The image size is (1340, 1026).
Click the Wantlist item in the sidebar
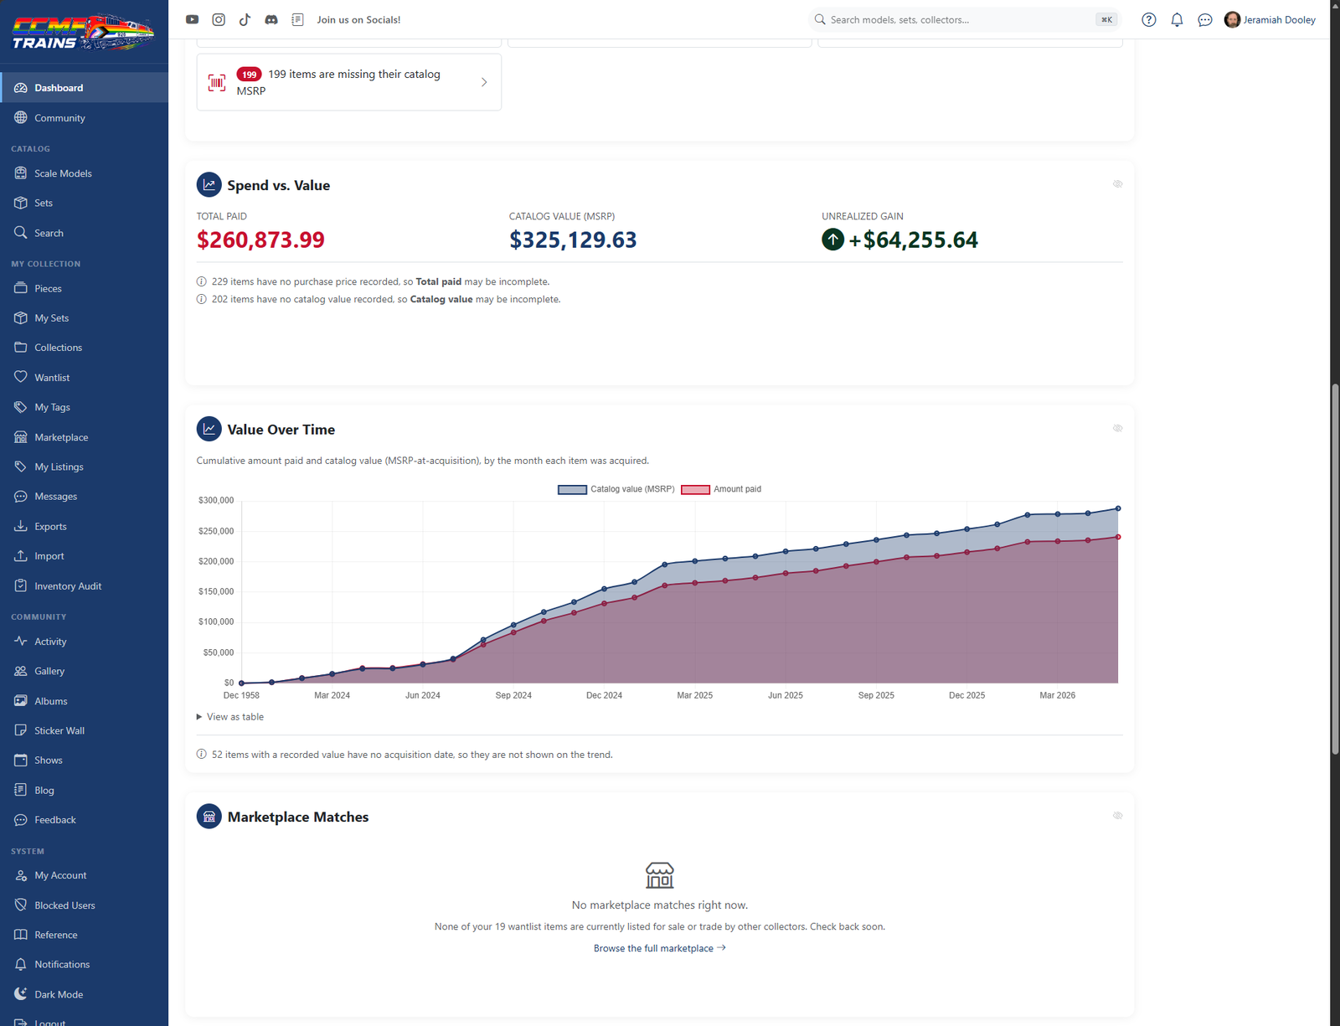point(52,378)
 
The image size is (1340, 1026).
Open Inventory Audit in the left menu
point(68,585)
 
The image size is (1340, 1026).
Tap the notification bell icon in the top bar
point(1177,20)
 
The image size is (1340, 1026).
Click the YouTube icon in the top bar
point(193,20)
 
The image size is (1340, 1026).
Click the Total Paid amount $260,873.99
point(260,240)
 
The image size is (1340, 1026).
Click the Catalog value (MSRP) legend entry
point(616,489)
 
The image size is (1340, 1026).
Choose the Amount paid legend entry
point(721,489)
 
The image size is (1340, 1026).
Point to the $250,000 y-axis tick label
point(216,531)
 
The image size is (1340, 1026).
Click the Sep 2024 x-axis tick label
point(513,695)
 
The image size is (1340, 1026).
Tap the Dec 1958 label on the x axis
point(241,695)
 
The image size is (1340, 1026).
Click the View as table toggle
point(230,716)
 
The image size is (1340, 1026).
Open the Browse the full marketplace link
point(659,948)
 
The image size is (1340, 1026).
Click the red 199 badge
point(249,75)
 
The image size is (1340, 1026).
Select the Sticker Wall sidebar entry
point(59,730)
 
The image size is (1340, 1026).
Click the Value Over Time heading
point(281,430)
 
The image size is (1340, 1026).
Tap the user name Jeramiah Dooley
point(1279,20)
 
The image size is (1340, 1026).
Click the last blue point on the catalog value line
point(1118,508)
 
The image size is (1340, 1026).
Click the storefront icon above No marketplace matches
point(659,875)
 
